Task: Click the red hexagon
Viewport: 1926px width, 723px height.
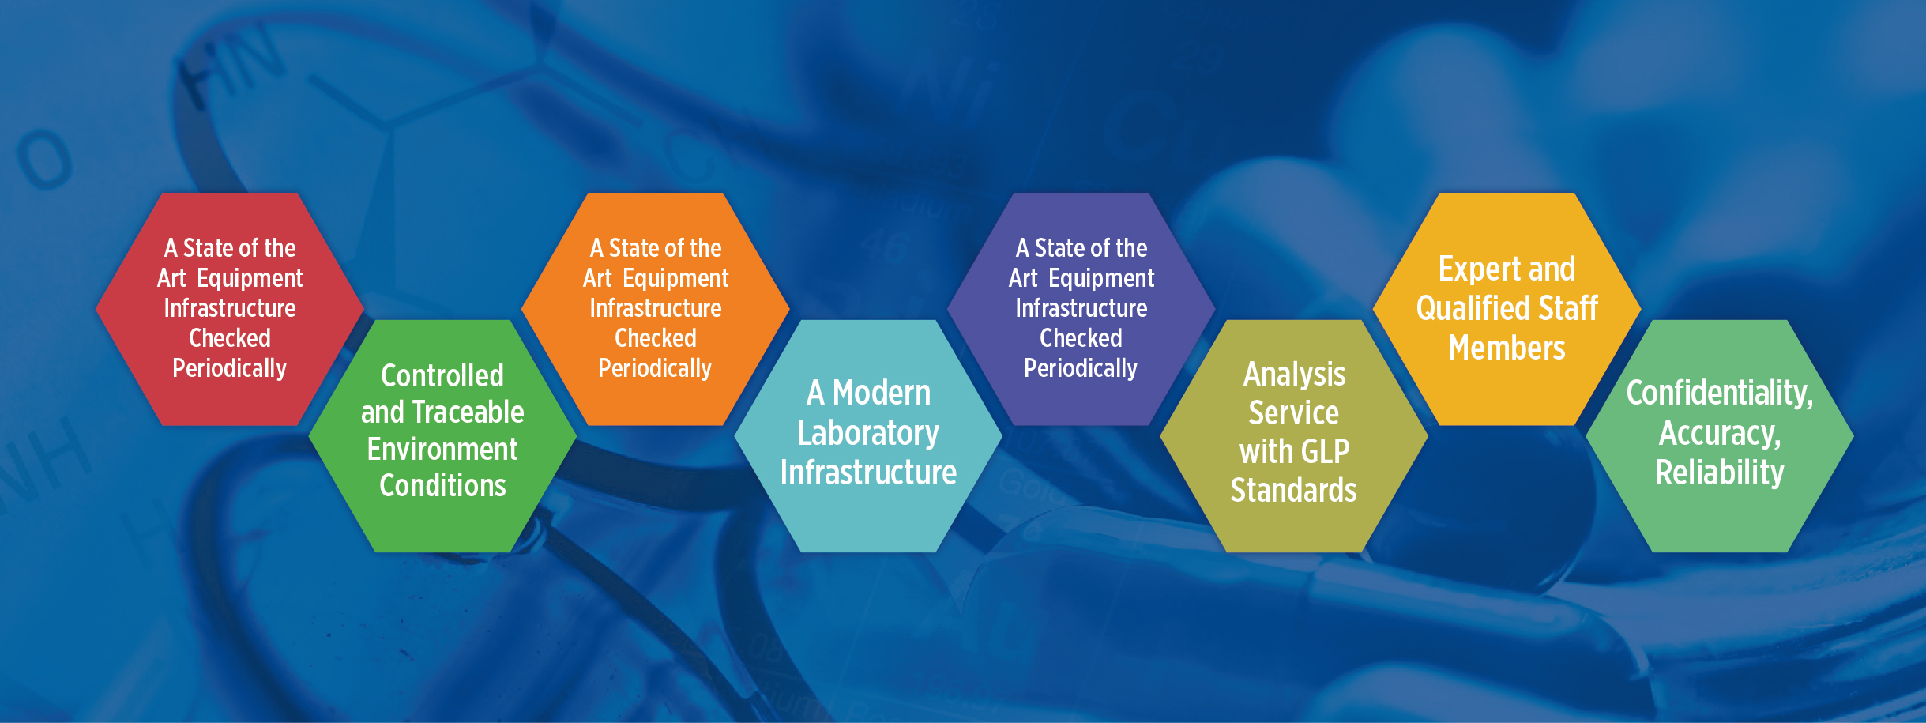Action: tap(229, 309)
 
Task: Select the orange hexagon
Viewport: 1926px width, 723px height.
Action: tap(655, 309)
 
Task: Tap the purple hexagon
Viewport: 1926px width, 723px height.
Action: tap(1081, 309)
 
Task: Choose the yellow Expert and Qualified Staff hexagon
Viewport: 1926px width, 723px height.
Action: tap(1507, 309)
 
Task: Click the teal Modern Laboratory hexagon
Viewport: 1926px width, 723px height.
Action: tap(868, 436)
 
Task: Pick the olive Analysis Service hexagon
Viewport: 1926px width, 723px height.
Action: tap(1294, 436)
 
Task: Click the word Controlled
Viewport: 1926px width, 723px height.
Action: tap(442, 376)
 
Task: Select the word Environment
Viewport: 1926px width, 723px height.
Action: tap(442, 449)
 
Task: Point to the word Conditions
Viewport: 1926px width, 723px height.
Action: tap(442, 485)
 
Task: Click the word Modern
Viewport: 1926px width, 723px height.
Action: tap(882, 393)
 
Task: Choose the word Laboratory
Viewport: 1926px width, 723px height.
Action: tap(868, 434)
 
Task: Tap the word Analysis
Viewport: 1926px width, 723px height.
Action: tap(1294, 375)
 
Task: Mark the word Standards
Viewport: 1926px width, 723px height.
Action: tap(1294, 490)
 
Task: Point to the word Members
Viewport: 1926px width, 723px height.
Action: tap(1507, 348)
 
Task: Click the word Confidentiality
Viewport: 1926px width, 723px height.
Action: tap(1720, 394)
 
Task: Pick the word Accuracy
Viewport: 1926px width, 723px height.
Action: tap(1720, 434)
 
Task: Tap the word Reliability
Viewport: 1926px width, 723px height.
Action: tap(1720, 473)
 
